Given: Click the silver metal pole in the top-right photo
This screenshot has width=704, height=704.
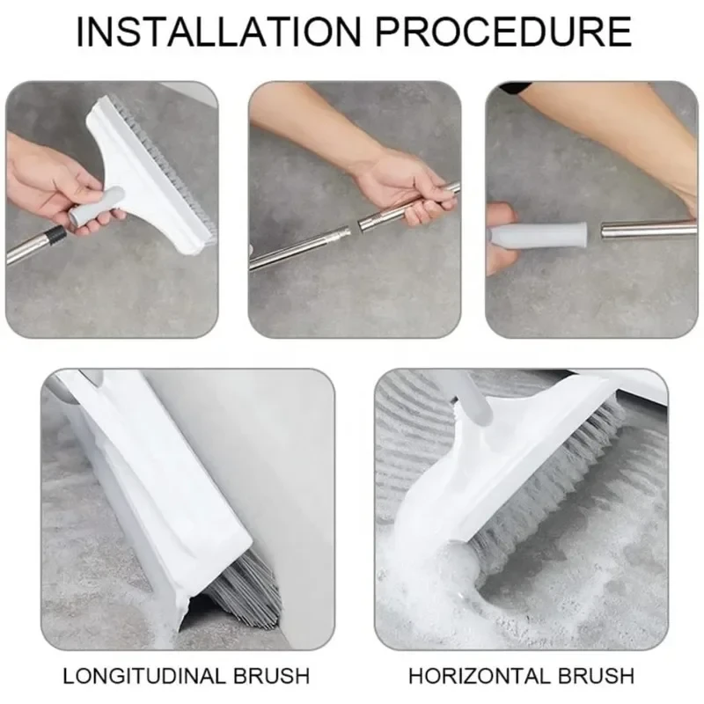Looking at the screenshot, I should pyautogui.click(x=647, y=231).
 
